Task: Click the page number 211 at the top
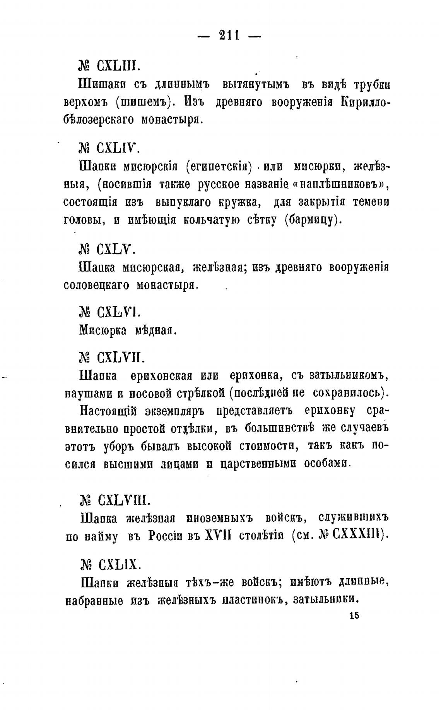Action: (x=229, y=36)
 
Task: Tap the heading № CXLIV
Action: (x=107, y=148)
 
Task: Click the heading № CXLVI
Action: (x=107, y=312)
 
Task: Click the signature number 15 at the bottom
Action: (x=354, y=616)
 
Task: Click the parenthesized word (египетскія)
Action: (x=219, y=167)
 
